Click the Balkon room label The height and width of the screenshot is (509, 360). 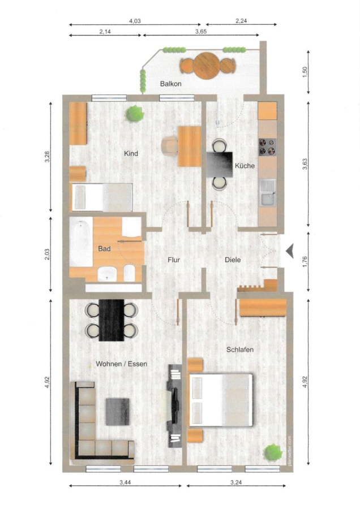(x=170, y=84)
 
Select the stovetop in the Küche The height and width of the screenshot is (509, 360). (x=267, y=147)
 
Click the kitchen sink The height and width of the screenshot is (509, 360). (x=268, y=192)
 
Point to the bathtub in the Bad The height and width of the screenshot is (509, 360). (x=81, y=241)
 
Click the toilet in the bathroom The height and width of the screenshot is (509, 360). (x=129, y=273)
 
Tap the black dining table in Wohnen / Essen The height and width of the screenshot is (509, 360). (x=112, y=320)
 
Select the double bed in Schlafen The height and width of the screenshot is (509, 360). (x=221, y=400)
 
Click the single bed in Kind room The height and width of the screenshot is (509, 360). (x=102, y=197)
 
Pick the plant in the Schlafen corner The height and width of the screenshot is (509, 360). (x=272, y=452)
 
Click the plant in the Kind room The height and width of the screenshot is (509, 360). (x=135, y=114)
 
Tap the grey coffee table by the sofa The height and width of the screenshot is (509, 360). (x=118, y=412)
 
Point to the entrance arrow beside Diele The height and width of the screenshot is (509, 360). (x=290, y=251)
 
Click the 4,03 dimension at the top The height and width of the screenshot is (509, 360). (x=135, y=21)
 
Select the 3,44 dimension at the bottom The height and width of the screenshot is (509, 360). (x=125, y=482)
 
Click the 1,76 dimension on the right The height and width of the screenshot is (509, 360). (x=305, y=262)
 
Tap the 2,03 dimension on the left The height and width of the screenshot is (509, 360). (x=47, y=254)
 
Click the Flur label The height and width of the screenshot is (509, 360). (x=174, y=260)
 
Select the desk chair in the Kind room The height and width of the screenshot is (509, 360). (x=170, y=145)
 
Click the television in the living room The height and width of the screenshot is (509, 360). (x=174, y=405)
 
